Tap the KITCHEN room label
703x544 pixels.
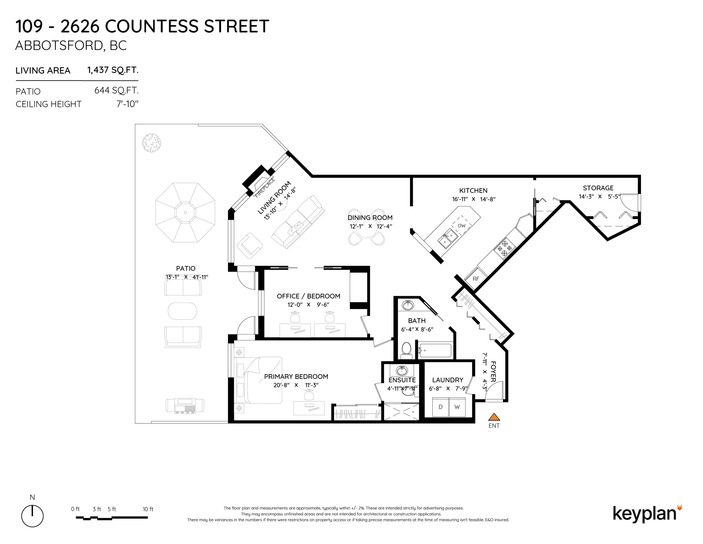(x=473, y=191)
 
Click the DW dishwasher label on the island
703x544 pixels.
(x=462, y=225)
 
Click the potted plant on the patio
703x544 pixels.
(x=152, y=143)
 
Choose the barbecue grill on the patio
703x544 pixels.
(x=185, y=405)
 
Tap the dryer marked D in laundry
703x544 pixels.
(x=440, y=407)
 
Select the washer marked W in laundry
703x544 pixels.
(x=457, y=407)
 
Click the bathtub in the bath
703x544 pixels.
(x=435, y=350)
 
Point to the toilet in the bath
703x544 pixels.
(x=407, y=351)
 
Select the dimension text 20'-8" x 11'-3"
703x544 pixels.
(x=296, y=385)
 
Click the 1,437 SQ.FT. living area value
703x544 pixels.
(x=113, y=70)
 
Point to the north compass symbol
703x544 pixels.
(x=32, y=516)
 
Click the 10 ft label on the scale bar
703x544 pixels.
(x=148, y=509)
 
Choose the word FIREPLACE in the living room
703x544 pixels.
(x=265, y=187)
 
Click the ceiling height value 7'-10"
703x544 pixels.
(x=128, y=104)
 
